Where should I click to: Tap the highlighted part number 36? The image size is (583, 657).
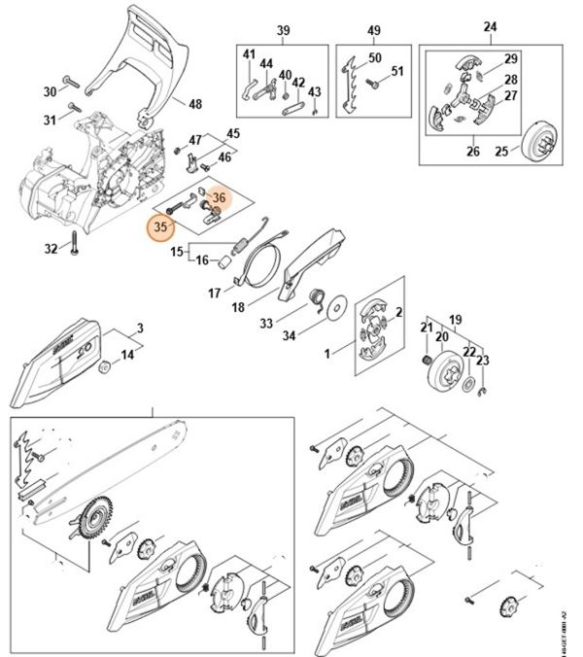tap(219, 198)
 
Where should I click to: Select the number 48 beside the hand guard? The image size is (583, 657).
tap(195, 104)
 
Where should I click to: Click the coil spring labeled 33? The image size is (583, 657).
tap(317, 298)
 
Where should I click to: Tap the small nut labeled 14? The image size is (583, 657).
tap(104, 367)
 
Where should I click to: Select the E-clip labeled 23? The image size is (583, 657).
tap(483, 391)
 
